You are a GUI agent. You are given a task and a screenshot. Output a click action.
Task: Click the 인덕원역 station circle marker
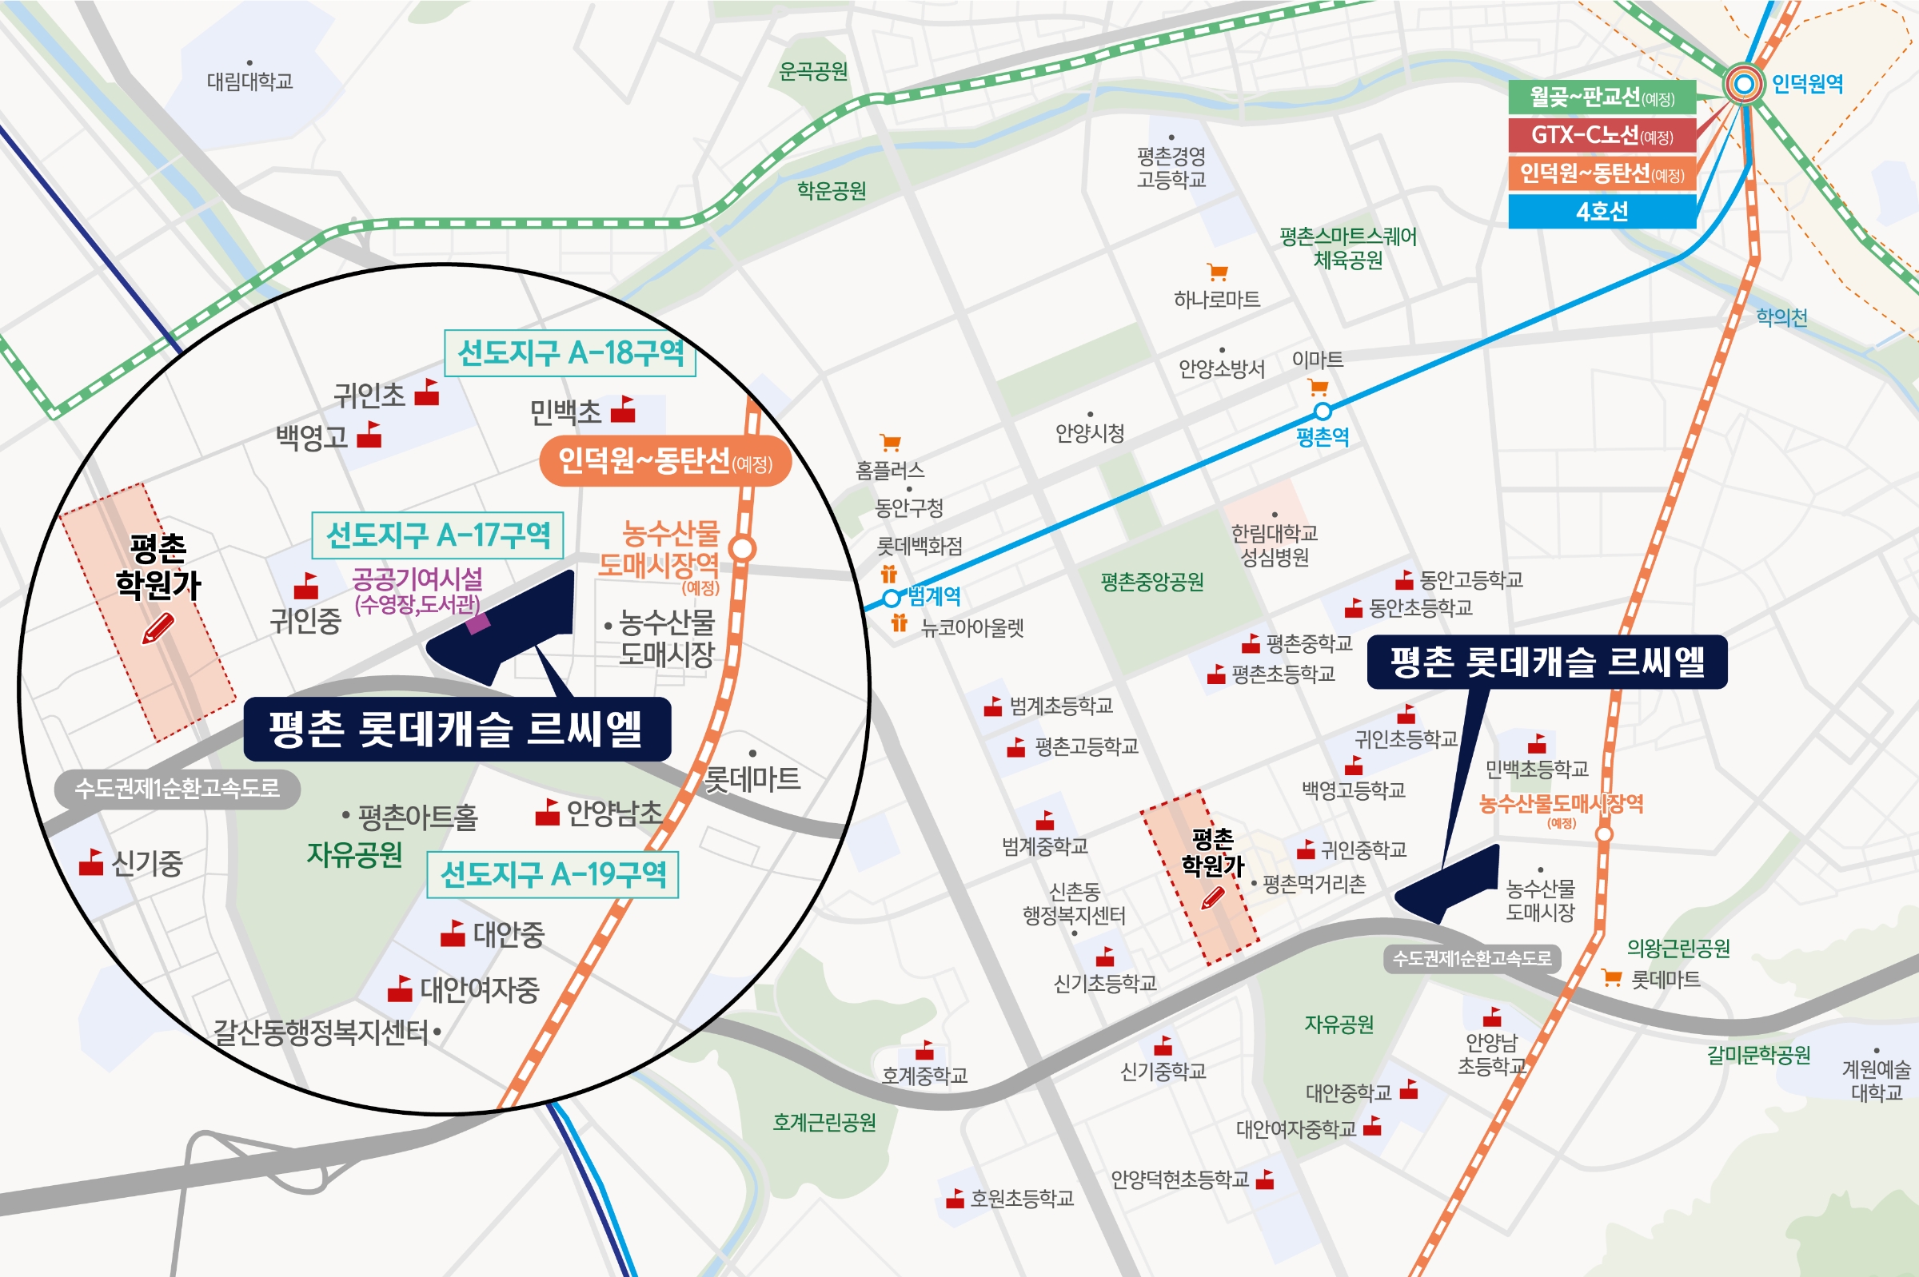point(1744,84)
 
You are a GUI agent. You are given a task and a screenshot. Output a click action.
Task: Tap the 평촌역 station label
point(1323,437)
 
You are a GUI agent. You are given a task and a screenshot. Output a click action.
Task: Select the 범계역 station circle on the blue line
point(892,599)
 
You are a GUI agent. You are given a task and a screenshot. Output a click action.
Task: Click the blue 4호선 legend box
point(1602,212)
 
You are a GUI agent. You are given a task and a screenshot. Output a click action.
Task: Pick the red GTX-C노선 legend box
point(1602,135)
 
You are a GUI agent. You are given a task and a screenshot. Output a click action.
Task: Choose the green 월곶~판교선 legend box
point(1602,97)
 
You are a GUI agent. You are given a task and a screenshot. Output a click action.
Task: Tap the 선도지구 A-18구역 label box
point(570,353)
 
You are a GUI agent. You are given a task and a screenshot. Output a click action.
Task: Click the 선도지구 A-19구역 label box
point(553,875)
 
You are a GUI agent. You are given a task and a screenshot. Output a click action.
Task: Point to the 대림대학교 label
point(249,81)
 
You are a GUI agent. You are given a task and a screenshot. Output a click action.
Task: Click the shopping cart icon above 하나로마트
point(1218,272)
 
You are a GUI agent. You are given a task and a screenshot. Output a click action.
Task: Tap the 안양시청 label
point(1090,432)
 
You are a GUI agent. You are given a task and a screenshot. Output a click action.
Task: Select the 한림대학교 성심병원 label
point(1275,545)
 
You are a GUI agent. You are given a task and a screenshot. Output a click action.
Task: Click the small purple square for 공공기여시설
point(477,624)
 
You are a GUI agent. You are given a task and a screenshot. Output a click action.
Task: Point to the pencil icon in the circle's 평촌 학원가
point(158,629)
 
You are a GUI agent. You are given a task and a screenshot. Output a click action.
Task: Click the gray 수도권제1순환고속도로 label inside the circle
point(177,789)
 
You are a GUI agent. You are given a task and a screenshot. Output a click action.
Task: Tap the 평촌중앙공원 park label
point(1151,582)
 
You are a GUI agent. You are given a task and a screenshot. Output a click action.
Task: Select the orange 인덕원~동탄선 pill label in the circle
point(665,462)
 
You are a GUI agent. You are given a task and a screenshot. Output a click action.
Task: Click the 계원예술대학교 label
point(1876,1080)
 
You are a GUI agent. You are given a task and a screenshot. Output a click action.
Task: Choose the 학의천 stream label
point(1781,317)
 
